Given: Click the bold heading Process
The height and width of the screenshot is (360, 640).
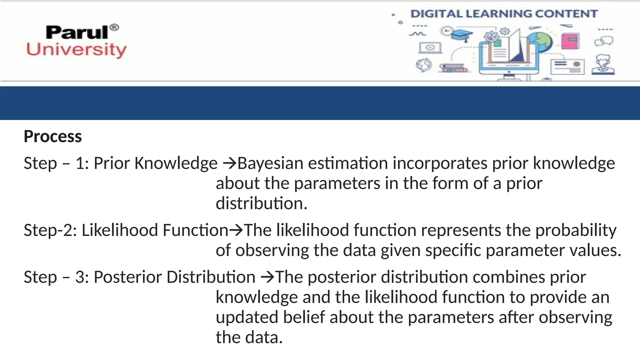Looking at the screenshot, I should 52,137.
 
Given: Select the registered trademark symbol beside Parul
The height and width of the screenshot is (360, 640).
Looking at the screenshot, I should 114,27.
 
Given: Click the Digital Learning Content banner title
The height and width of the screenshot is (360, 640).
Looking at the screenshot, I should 504,14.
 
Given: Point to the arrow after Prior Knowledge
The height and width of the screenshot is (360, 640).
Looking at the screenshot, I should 230,163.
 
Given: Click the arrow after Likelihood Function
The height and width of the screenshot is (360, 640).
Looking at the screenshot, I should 236,231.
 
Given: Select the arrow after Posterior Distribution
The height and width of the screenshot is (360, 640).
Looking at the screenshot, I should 267,277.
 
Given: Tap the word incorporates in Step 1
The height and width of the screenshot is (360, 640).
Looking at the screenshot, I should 440,163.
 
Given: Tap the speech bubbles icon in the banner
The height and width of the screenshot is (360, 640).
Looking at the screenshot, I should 604,41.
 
